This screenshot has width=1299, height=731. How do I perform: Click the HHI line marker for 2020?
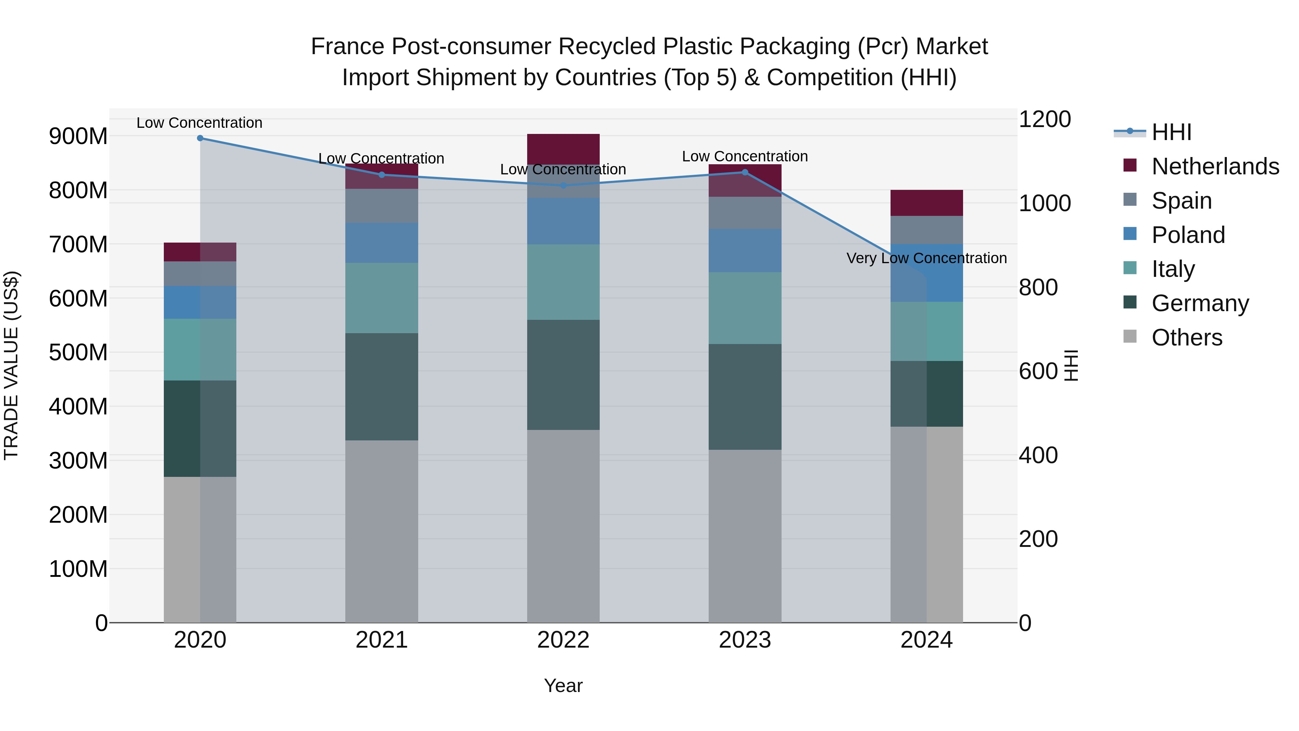(200, 138)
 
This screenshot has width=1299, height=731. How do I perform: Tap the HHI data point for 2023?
(745, 173)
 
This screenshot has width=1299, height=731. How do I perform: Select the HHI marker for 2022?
(563, 186)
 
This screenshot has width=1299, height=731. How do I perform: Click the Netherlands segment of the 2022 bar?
(563, 149)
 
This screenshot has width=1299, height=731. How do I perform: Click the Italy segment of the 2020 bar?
(200, 349)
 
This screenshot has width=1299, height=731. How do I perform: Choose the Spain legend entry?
(1181, 201)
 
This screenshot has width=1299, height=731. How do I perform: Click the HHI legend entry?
(1171, 132)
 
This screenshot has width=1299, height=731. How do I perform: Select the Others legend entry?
(1186, 338)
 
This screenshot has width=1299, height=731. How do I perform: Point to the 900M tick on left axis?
(78, 136)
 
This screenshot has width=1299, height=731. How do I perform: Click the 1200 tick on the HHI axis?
(1044, 119)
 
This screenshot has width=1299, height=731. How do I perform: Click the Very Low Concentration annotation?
(926, 258)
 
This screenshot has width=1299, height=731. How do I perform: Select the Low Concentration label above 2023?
(745, 156)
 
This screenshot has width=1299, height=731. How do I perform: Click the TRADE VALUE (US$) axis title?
(11, 366)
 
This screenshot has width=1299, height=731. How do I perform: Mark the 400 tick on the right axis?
(1038, 456)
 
